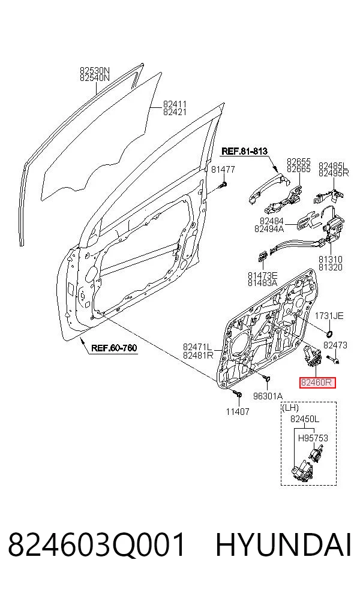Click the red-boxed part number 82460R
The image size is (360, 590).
(x=316, y=383)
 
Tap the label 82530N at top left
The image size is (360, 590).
(x=95, y=70)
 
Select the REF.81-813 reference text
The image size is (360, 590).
(x=244, y=151)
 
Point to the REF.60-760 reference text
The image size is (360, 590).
(x=114, y=348)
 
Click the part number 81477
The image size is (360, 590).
(x=223, y=169)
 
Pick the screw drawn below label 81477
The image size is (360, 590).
(x=224, y=185)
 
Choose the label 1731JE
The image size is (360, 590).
(x=329, y=316)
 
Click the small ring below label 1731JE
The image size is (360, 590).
(x=329, y=333)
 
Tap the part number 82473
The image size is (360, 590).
(x=335, y=345)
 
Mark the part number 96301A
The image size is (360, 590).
(x=268, y=396)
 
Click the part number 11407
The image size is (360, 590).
(x=238, y=412)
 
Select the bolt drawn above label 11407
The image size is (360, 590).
(x=237, y=393)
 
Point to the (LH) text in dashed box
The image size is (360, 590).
(x=290, y=408)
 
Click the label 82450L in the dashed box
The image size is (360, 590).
(x=305, y=419)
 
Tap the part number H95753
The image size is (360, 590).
(x=313, y=438)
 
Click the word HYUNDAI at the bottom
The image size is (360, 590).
(x=283, y=545)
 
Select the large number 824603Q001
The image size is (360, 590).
(x=97, y=545)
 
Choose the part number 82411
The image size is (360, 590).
(x=175, y=104)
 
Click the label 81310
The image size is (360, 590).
(x=331, y=259)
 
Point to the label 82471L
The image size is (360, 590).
(x=197, y=347)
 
